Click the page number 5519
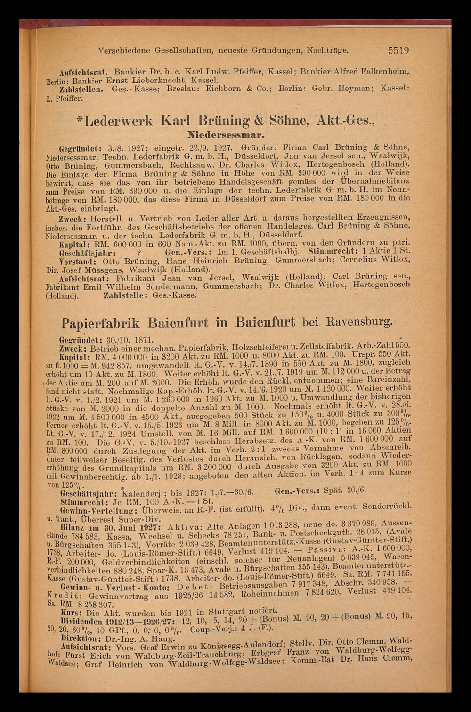coord(398,50)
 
